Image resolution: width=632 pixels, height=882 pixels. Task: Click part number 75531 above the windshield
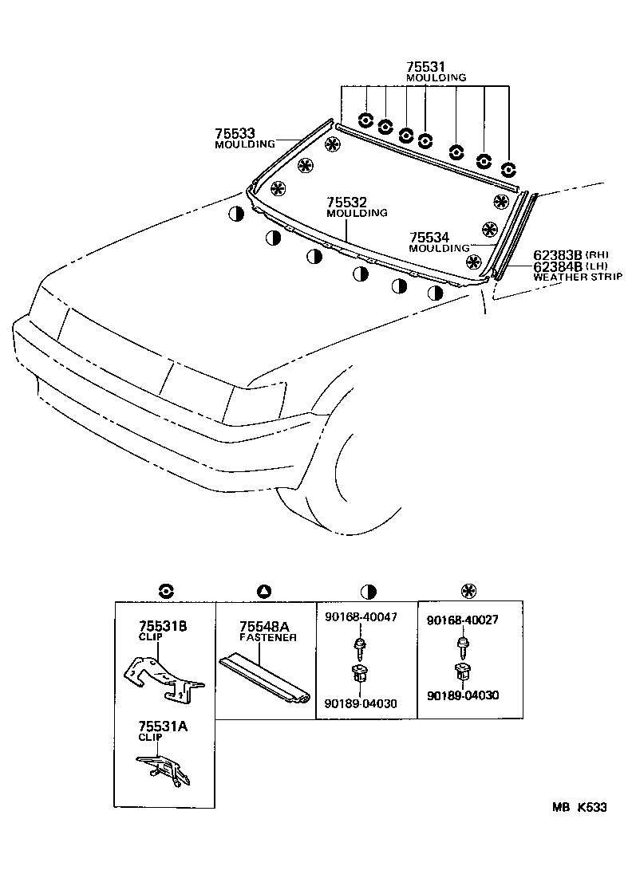pyautogui.click(x=425, y=66)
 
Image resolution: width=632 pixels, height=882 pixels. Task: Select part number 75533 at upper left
pyautogui.click(x=235, y=133)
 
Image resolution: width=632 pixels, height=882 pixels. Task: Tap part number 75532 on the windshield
pyautogui.click(x=346, y=202)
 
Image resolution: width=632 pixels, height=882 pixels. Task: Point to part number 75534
pyautogui.click(x=429, y=238)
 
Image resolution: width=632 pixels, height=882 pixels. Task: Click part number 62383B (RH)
pyautogui.click(x=571, y=255)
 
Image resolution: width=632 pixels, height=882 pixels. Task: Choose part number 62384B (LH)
pyautogui.click(x=571, y=266)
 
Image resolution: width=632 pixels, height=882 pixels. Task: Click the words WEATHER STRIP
pyautogui.click(x=578, y=277)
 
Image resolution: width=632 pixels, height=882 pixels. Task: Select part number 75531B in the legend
pyautogui.click(x=164, y=626)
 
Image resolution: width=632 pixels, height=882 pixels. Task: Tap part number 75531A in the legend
pyautogui.click(x=164, y=726)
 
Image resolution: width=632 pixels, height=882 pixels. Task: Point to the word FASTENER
pyautogui.click(x=268, y=637)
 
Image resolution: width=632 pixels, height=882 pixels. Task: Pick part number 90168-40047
pyautogui.click(x=361, y=617)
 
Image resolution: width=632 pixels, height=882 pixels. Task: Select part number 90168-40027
pyautogui.click(x=463, y=620)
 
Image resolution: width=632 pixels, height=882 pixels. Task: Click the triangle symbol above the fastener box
pyautogui.click(x=264, y=591)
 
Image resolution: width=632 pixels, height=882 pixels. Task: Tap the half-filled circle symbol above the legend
pyautogui.click(x=368, y=591)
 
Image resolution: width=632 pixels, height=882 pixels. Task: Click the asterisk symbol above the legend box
pyautogui.click(x=468, y=591)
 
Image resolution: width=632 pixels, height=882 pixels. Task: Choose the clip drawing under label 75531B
pyautogui.click(x=164, y=679)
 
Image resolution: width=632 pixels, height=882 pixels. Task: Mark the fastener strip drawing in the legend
pyautogui.click(x=264, y=679)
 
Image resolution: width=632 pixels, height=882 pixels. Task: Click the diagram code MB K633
pyautogui.click(x=579, y=807)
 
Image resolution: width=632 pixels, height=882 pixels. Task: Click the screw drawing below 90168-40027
pyautogui.click(x=464, y=647)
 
